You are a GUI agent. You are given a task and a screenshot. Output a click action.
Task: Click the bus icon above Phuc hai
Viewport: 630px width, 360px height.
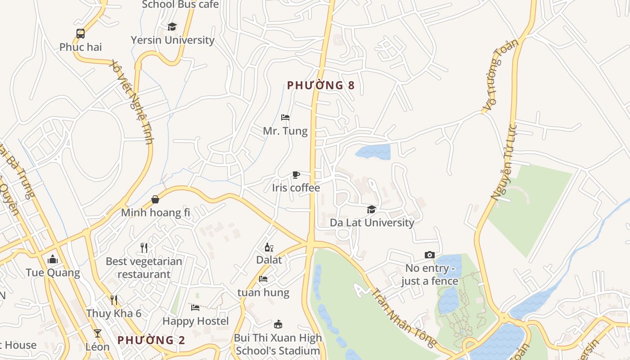click(81, 33)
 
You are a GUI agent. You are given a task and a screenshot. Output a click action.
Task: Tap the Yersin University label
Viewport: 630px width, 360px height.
click(172, 40)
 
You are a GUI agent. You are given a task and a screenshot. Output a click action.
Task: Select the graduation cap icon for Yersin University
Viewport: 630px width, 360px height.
click(172, 27)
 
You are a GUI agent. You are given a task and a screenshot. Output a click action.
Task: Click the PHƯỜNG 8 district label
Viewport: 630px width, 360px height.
click(321, 85)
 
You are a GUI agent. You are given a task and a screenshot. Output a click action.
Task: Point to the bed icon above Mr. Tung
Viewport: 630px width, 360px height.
click(285, 117)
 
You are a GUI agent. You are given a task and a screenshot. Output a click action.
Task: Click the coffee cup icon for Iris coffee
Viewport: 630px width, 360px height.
click(296, 175)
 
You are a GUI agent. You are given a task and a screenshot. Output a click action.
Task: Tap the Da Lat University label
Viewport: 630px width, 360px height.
click(372, 223)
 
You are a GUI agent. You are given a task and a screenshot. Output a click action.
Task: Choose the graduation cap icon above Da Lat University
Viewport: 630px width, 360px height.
click(371, 209)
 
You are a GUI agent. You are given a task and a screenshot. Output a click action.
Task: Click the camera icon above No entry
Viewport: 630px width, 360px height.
click(430, 255)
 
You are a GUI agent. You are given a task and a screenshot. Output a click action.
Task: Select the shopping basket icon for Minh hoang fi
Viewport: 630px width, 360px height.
click(155, 199)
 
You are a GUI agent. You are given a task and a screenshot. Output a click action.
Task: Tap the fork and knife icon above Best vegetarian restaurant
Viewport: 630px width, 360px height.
click(144, 247)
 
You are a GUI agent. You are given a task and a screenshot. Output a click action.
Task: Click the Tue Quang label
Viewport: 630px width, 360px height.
click(53, 273)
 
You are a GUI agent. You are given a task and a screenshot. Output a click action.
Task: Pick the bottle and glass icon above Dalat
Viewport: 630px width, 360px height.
click(269, 247)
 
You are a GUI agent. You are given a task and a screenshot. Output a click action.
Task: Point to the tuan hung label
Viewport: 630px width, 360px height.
click(263, 292)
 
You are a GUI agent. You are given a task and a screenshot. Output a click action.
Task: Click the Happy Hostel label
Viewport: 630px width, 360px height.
click(195, 321)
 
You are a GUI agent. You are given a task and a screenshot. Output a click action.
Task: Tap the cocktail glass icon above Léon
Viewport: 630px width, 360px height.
click(97, 333)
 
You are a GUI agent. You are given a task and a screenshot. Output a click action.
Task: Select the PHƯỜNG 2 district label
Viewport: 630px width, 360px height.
click(151, 340)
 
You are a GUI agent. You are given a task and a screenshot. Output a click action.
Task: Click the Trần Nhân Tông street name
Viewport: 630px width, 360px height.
click(403, 318)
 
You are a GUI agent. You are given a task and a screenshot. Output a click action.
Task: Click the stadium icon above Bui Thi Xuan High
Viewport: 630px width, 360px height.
click(278, 324)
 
